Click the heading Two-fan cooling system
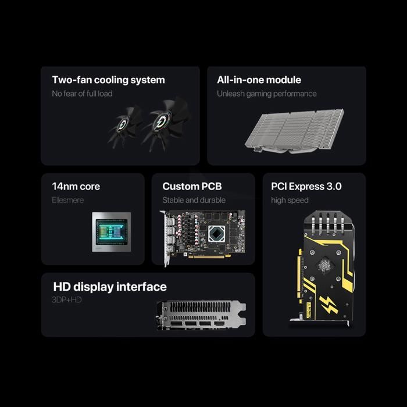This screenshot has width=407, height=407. tap(108, 80)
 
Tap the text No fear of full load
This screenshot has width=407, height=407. tap(82, 94)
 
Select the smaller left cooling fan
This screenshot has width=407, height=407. tap(124, 126)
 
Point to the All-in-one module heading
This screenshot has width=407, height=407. tap(259, 80)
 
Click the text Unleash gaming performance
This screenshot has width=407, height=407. tap(266, 94)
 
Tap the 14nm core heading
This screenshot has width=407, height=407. tap(76, 187)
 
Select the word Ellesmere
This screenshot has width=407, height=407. tap(68, 201)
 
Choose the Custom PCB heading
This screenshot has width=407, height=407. tap(192, 187)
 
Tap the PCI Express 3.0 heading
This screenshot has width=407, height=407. tap(306, 187)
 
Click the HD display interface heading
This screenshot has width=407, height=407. tap(110, 287)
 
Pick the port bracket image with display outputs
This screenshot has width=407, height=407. tap(201, 315)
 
